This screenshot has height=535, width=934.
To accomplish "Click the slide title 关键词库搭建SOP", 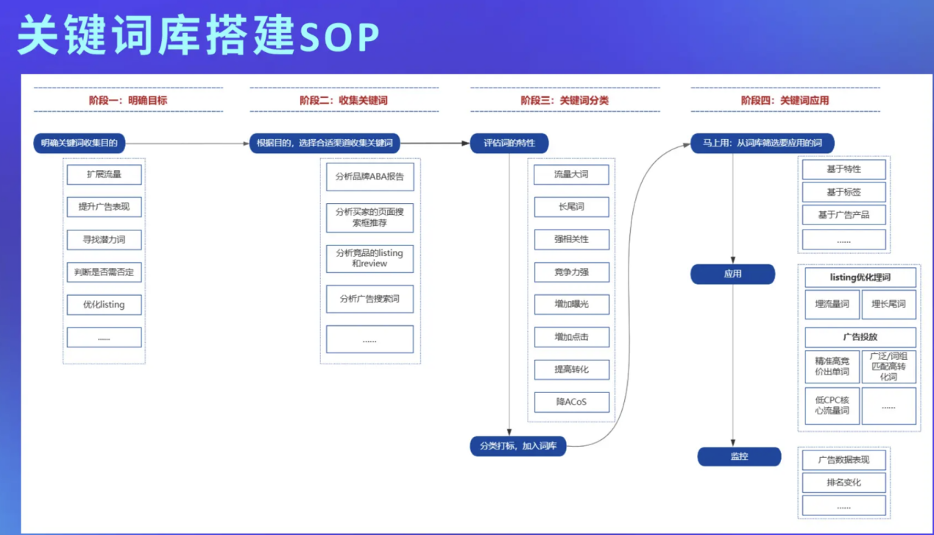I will coord(198,37).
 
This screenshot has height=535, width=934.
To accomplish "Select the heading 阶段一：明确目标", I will coord(128,100).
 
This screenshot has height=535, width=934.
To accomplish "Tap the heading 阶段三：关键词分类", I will coord(565,100).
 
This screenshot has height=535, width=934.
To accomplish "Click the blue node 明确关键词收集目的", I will coord(79,143).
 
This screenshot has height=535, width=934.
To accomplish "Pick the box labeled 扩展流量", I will coord(104,174).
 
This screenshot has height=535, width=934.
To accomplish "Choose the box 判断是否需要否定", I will coord(104,272).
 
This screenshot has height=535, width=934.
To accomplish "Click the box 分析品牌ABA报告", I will coord(369,177).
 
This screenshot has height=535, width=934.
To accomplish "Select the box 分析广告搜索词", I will coord(369,299).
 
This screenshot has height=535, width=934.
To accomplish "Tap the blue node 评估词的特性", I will coord(509,143).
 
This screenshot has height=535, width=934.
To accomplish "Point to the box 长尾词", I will coord(571,207).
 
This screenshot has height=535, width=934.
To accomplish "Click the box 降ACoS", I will coord(571,402).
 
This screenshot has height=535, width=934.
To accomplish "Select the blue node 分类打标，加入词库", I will coord(518,446).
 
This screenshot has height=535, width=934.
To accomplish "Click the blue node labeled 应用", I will coord(732,274).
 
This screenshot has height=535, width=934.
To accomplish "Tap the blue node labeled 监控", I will coord(739,456).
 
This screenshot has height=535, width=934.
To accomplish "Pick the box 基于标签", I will coord(843,192).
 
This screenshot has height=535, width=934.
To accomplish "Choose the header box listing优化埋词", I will coord(860,277).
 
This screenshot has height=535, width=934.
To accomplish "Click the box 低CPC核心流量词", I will coord(832,405).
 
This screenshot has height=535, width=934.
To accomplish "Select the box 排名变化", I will coord(843,483).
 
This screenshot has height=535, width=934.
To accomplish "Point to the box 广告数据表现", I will coord(843,459).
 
